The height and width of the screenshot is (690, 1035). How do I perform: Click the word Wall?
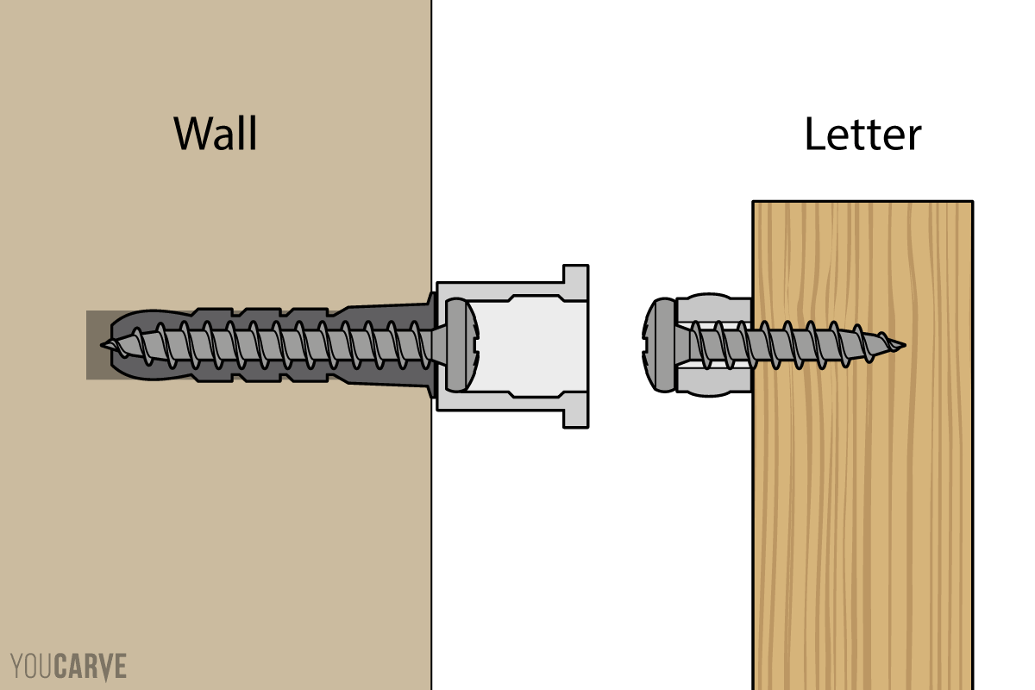pyautogui.click(x=215, y=134)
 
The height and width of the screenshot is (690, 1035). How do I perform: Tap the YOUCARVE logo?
pyautogui.click(x=69, y=667)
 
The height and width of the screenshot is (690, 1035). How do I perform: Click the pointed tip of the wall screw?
pyautogui.click(x=104, y=345)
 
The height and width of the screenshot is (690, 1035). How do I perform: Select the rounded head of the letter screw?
pyautogui.click(x=661, y=345)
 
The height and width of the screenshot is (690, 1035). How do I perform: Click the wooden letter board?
pyautogui.click(x=862, y=517)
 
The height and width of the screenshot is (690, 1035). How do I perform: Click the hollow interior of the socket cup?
pyautogui.click(x=526, y=345)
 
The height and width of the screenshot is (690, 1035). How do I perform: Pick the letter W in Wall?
pyautogui.click(x=191, y=134)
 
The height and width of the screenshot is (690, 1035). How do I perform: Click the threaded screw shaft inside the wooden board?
pyautogui.click(x=819, y=345)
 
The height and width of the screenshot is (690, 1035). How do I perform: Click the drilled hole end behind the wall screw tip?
pyautogui.click(x=93, y=345)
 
